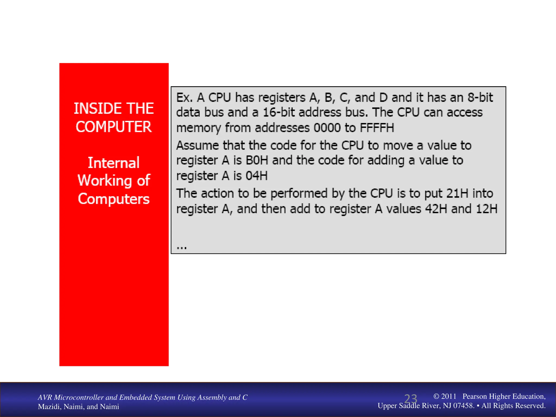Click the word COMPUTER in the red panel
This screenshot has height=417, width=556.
point(114,127)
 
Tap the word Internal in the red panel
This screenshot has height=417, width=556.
point(114,163)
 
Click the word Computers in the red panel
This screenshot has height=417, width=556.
point(114,199)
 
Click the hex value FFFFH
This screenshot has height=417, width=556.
point(377,128)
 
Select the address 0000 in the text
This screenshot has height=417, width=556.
point(327,128)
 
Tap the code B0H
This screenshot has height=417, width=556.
point(257,160)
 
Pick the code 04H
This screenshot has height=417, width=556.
point(257,176)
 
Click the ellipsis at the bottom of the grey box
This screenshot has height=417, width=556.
point(182,247)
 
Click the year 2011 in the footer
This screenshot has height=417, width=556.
point(449,396)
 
